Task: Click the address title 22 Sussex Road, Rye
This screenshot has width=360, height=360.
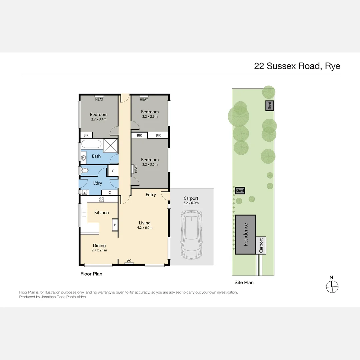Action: click(297, 66)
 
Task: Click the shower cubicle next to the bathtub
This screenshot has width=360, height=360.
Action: click(110, 145)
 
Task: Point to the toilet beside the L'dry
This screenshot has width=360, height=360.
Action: click(85, 170)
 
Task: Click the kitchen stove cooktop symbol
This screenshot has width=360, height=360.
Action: click(101, 199)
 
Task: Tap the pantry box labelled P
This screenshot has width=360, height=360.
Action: click(115, 225)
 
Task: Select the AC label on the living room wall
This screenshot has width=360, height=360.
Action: click(129, 261)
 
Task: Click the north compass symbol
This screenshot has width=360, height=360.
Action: click(332, 286)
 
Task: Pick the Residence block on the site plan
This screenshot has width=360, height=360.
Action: click(246, 235)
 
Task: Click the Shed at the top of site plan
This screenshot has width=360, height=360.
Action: click(270, 106)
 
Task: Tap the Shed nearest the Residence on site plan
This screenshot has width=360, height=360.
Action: click(240, 191)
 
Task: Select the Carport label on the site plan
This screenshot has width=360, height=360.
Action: click(261, 245)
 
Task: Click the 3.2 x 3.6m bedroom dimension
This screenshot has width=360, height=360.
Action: click(150, 164)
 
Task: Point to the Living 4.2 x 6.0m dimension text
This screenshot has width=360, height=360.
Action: click(145, 228)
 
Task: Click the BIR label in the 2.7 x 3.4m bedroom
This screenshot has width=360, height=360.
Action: click(86, 135)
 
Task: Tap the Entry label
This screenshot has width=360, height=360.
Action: click(151, 195)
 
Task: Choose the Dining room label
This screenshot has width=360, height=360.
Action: click(99, 246)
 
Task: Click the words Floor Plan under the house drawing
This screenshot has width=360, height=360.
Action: click(91, 274)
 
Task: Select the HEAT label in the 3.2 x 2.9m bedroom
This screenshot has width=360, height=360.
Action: click(144, 99)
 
